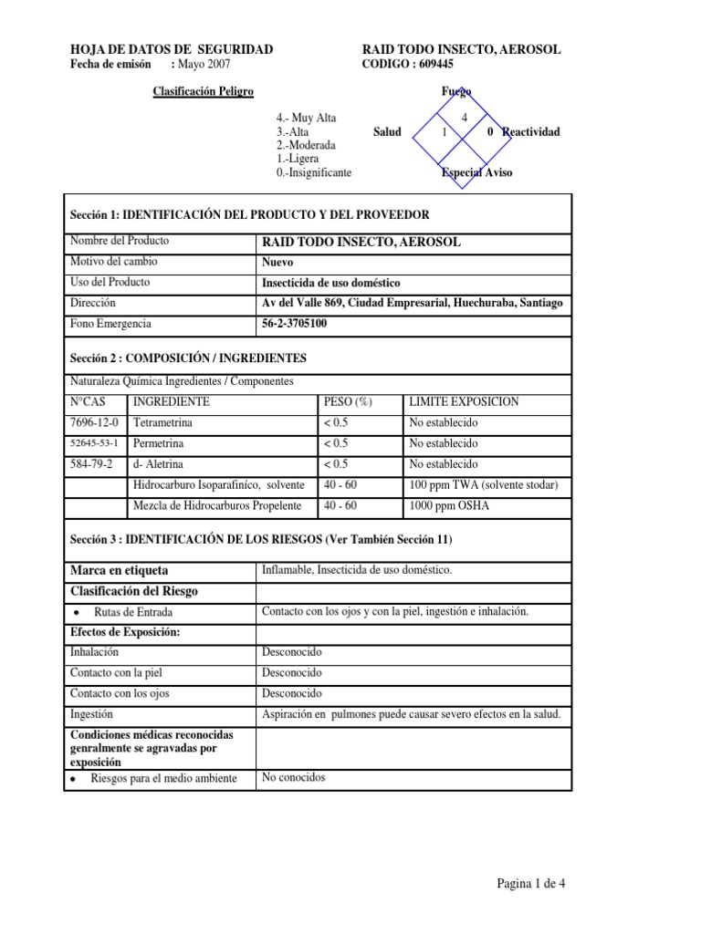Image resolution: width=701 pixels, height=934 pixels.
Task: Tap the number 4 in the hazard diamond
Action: tap(465, 119)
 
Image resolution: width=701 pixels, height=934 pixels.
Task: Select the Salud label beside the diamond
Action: tap(387, 132)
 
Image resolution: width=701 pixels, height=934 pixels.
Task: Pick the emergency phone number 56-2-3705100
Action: tap(295, 324)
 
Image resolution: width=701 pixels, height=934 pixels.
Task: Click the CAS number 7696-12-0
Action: tap(94, 423)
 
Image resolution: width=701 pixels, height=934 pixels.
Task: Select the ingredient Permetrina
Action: tap(159, 443)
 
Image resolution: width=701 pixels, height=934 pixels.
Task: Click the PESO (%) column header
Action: tap(348, 402)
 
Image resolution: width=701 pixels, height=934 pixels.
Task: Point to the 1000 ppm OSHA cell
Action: tap(449, 505)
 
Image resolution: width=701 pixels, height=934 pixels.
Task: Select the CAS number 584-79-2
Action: tap(91, 464)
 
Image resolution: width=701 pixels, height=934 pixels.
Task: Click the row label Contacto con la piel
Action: tap(116, 673)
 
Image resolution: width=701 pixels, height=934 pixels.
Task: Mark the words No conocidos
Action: tap(293, 778)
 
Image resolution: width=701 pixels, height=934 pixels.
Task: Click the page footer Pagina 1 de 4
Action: tap(537, 884)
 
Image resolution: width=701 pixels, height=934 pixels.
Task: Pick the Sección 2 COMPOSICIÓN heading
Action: tap(189, 358)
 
